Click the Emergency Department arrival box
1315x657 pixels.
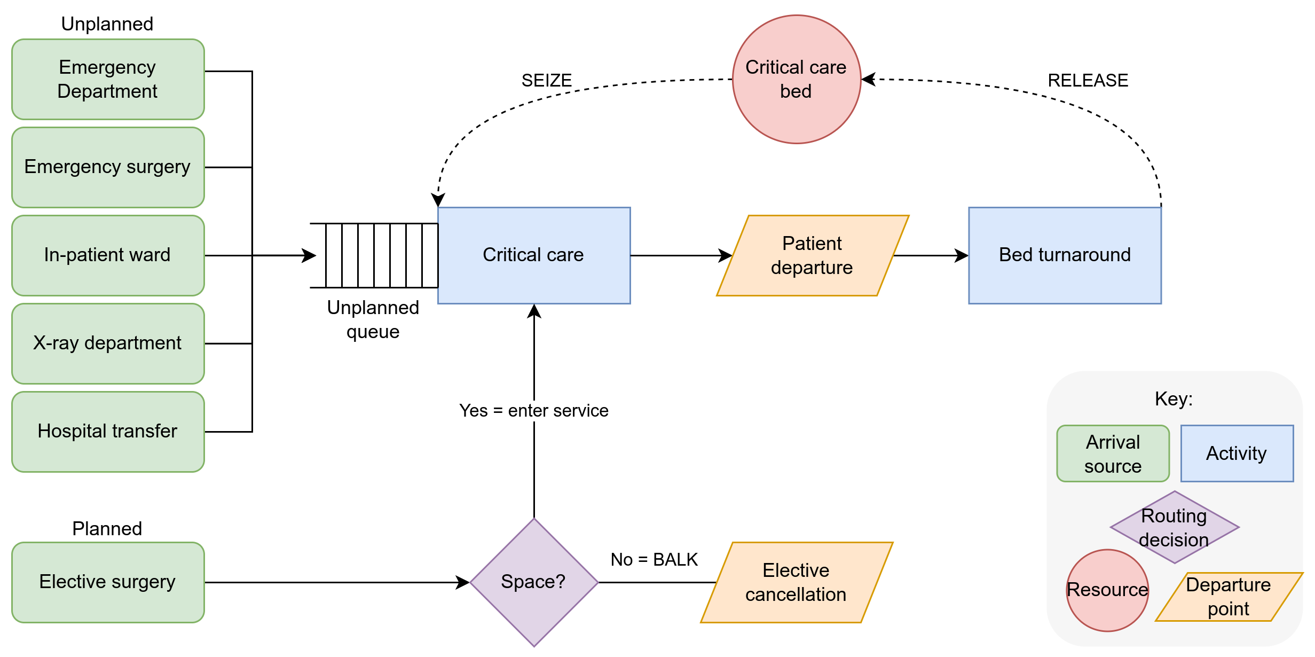click(x=108, y=79)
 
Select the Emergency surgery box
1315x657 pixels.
click(x=108, y=167)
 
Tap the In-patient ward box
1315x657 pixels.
click(x=108, y=255)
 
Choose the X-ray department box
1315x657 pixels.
click(x=108, y=343)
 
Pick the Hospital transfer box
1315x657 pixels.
click(x=108, y=432)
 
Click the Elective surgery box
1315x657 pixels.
click(x=108, y=582)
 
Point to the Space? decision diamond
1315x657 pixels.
click(x=534, y=582)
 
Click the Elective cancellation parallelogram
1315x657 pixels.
click(x=796, y=582)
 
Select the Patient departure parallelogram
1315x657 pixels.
click(x=812, y=255)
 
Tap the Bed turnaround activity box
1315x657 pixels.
click(x=1065, y=255)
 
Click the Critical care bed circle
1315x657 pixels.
click(x=796, y=79)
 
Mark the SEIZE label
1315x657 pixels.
click(x=546, y=81)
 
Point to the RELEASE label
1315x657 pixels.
click(x=1088, y=81)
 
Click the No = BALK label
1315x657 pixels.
click(x=654, y=560)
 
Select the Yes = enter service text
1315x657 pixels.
click(x=534, y=411)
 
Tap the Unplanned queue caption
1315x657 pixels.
click(x=373, y=319)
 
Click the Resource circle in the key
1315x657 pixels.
click(x=1107, y=590)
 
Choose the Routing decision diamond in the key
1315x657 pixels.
click(x=1174, y=527)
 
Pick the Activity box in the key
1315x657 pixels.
click(x=1237, y=453)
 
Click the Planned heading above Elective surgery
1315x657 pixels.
click(x=107, y=529)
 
